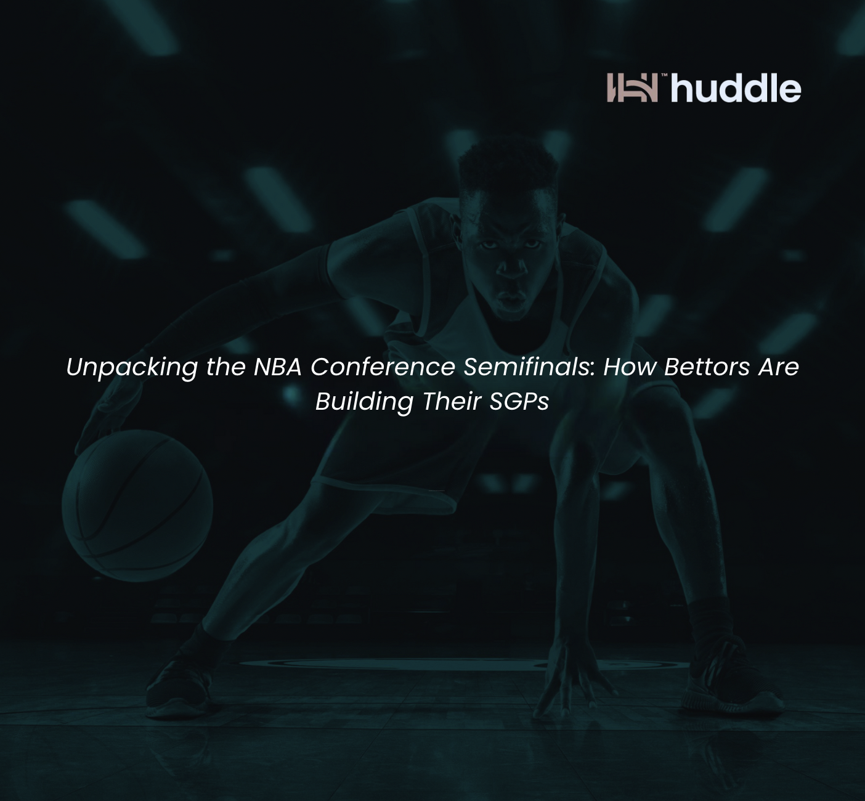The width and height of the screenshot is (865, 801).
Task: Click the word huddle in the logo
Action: point(736,89)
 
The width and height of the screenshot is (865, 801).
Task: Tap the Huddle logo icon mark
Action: point(632,87)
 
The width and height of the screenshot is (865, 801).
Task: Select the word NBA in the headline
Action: point(277,367)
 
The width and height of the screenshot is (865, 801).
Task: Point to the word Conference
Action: point(383,367)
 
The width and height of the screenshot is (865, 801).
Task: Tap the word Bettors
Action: point(707,367)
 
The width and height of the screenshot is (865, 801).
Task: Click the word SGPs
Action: point(519,401)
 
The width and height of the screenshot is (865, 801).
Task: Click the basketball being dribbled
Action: point(137,505)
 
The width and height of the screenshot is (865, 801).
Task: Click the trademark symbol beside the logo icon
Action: point(664,75)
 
